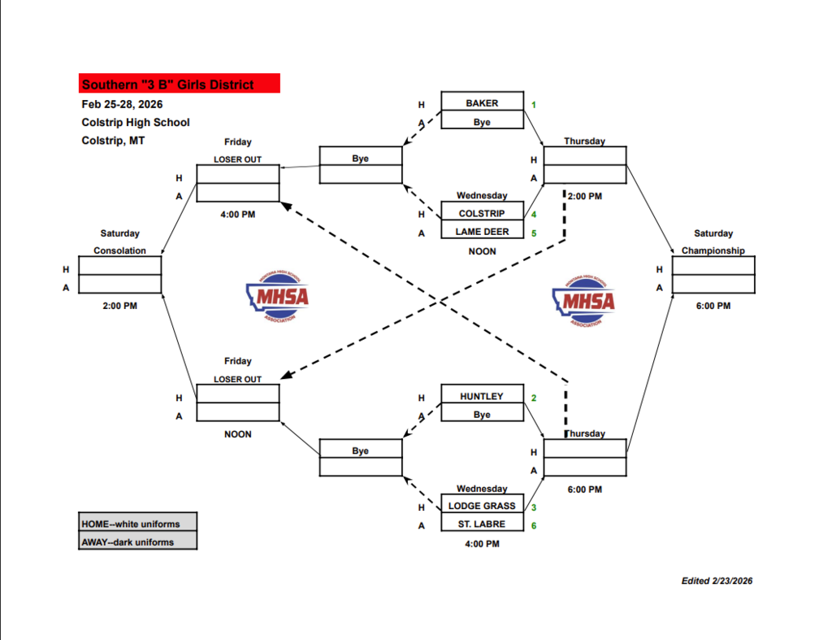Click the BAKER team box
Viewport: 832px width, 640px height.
pyautogui.click(x=482, y=103)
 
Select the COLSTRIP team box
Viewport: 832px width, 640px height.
pyautogui.click(x=482, y=213)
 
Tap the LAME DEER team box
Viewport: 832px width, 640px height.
pyautogui.click(x=482, y=232)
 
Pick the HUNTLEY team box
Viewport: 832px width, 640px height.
pyautogui.click(x=482, y=396)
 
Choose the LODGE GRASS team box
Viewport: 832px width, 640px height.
pyautogui.click(x=482, y=506)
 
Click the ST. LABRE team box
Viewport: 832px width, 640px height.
pyautogui.click(x=482, y=525)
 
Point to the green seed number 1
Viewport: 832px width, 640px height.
pyautogui.click(x=534, y=104)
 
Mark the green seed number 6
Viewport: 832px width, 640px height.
pyautogui.click(x=534, y=525)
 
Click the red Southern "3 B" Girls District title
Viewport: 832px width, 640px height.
pyautogui.click(x=179, y=84)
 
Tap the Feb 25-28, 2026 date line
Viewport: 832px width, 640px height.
pyautogui.click(x=122, y=104)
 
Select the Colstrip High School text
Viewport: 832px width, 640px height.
pyautogui.click(x=136, y=122)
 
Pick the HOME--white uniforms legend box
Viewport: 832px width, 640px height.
pyautogui.click(x=138, y=523)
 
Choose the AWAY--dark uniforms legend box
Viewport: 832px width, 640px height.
pyautogui.click(x=138, y=542)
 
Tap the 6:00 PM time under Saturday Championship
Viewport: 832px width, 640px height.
pyautogui.click(x=713, y=306)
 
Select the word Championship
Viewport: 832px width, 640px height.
pyautogui.click(x=713, y=250)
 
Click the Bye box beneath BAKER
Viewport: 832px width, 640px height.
pyautogui.click(x=482, y=122)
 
